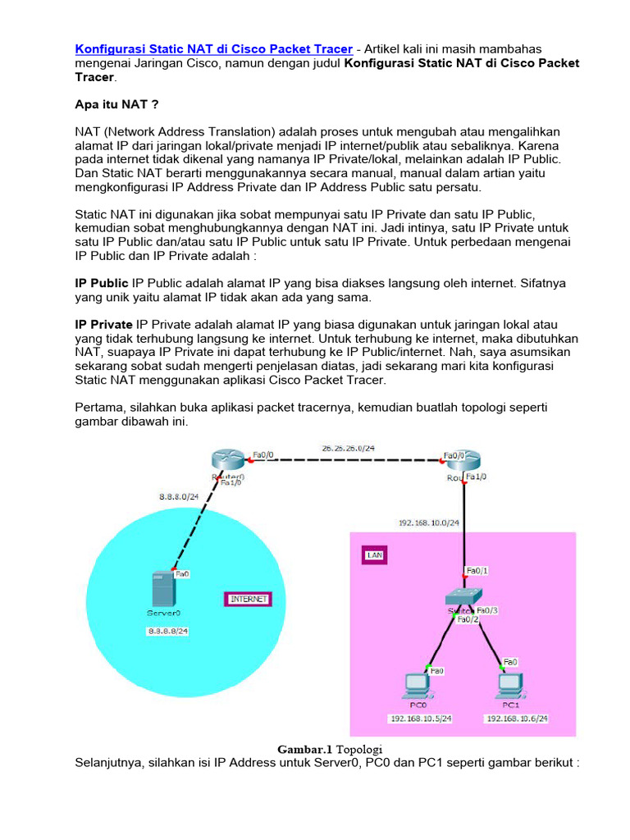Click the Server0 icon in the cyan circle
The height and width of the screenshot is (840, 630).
[x=163, y=590]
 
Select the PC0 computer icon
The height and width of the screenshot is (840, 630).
[x=418, y=684]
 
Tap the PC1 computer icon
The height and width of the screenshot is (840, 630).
[x=509, y=684]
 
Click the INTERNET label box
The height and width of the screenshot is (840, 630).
[x=248, y=599]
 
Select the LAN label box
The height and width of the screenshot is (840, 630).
[x=374, y=555]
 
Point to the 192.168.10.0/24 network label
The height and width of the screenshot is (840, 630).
[x=428, y=522]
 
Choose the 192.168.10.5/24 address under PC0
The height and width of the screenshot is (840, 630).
[x=421, y=719]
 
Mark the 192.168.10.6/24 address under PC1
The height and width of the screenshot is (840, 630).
[x=517, y=719]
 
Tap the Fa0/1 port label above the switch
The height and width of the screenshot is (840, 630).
[x=476, y=571]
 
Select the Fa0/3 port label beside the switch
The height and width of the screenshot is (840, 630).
[x=487, y=609]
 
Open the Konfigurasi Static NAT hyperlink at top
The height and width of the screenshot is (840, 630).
[x=214, y=49]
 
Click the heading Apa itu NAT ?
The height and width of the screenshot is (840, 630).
[x=116, y=105]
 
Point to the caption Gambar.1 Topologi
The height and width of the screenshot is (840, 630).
[x=330, y=749]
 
